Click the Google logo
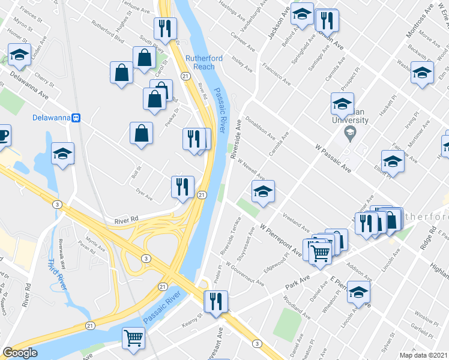(20, 353)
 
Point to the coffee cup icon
(2, 137)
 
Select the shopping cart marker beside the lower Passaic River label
(133, 337)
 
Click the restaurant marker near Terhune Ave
(164, 28)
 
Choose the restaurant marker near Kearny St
(215, 301)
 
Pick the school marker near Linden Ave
(20, 56)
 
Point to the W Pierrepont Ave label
(280, 239)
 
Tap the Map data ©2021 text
(424, 355)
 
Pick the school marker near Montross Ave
(422, 74)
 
